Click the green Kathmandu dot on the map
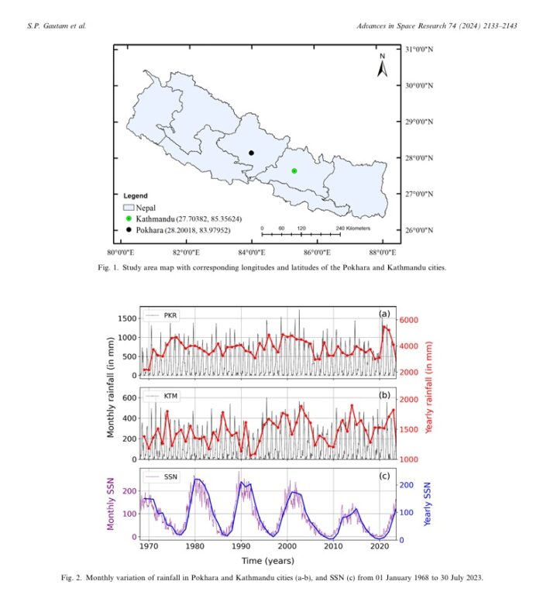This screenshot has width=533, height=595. tap(294, 170)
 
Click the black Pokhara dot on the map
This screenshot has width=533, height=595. tap(252, 153)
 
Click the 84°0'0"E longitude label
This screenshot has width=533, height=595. tap(251, 252)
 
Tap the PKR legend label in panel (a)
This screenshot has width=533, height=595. tap(170, 316)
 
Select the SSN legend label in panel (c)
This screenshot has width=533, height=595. tap(170, 476)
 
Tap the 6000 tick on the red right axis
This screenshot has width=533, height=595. tap(409, 320)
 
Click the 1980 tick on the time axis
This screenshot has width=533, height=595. tap(196, 547)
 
